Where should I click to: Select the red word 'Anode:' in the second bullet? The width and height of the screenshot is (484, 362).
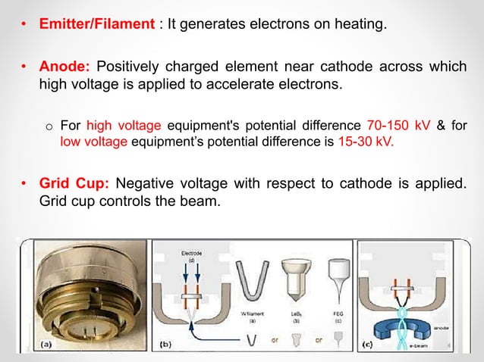[x=62, y=67]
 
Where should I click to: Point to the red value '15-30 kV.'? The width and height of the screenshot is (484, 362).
[x=364, y=140]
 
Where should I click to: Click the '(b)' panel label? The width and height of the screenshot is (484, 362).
[x=168, y=345]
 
